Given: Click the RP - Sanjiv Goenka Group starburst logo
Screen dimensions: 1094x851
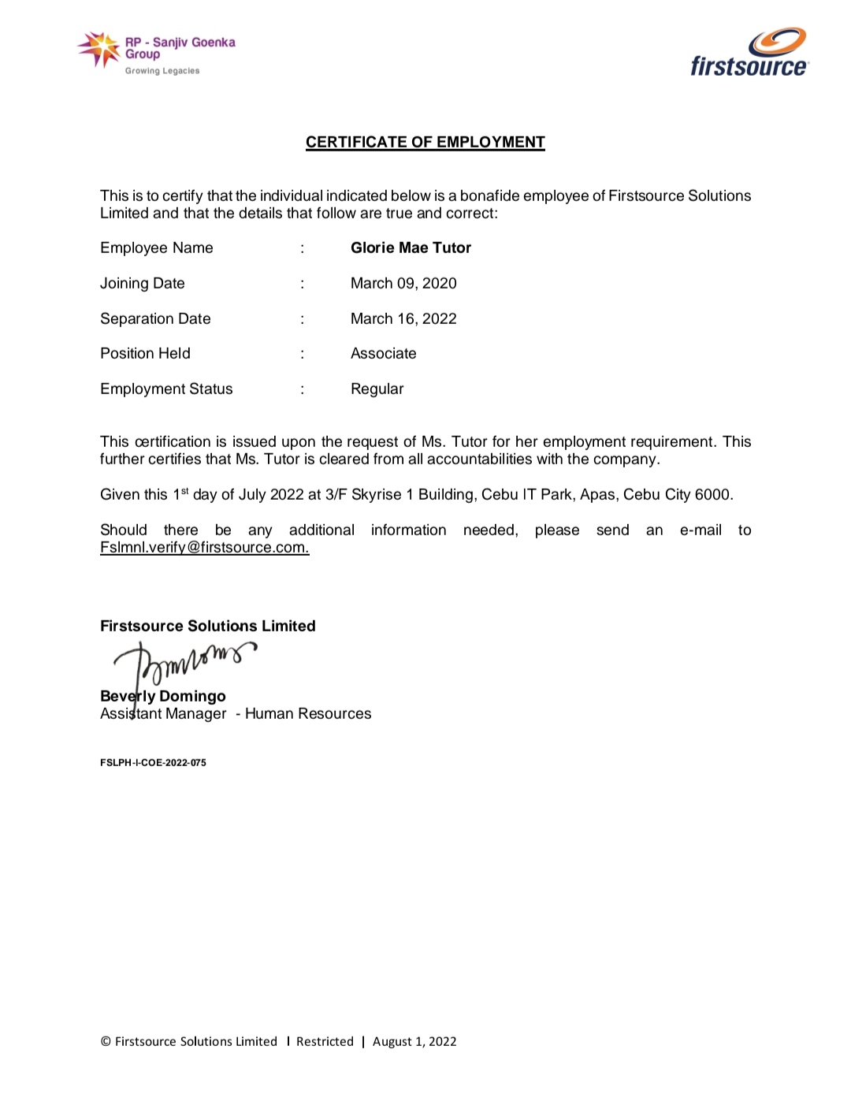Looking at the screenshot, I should tap(99, 49).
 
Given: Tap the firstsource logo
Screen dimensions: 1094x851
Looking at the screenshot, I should tap(749, 54).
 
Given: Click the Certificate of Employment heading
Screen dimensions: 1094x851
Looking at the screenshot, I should tap(425, 142).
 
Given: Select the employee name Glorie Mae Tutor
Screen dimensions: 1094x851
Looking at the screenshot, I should tap(411, 247).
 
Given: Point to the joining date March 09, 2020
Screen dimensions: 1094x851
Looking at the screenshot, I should tap(403, 283).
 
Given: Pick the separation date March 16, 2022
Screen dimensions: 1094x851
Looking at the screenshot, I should tap(403, 318).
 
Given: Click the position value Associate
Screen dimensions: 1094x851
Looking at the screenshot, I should tap(383, 353).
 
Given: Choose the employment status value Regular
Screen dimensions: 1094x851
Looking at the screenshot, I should tap(377, 389).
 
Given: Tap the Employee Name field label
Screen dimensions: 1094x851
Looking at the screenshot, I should tap(156, 247).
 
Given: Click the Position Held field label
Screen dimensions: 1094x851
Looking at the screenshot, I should tap(145, 353).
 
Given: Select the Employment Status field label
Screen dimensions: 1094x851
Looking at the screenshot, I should tap(166, 389).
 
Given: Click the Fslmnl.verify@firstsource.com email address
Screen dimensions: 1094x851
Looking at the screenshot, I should tap(204, 547).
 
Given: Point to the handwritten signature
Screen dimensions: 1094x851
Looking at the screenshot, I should tap(185, 660).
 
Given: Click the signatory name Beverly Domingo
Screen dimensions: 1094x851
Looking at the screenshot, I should tap(163, 696).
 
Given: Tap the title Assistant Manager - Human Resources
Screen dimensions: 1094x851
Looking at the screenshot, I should tap(236, 713).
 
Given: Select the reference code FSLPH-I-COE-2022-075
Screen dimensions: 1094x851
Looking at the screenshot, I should tap(153, 762).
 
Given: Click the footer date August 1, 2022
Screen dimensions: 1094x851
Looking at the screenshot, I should tap(414, 1041).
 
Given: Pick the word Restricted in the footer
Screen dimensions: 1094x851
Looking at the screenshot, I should tap(325, 1041).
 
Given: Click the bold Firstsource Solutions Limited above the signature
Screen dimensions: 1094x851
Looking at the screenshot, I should tap(207, 626).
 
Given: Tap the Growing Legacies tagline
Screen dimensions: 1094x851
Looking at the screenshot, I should tap(162, 71).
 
